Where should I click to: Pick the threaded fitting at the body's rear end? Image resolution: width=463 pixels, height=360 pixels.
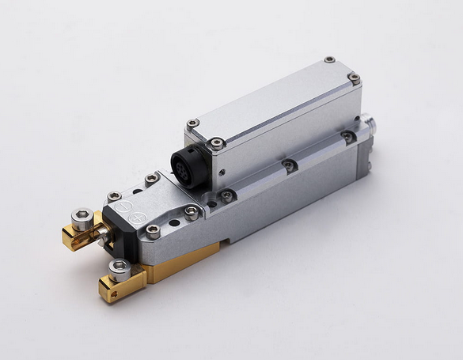[x=370, y=126]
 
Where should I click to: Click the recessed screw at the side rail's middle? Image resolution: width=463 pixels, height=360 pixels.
[x=290, y=165]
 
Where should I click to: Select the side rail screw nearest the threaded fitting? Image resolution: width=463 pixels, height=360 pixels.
[x=348, y=137]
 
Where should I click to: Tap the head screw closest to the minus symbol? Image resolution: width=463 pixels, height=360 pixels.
[x=115, y=196]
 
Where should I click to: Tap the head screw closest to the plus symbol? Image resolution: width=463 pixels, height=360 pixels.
[x=153, y=231]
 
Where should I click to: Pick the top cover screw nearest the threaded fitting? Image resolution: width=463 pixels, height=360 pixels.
[x=355, y=78]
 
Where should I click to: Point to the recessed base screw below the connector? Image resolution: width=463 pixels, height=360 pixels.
[x=227, y=195]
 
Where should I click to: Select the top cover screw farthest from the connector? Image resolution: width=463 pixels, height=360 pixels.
[x=329, y=59]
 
